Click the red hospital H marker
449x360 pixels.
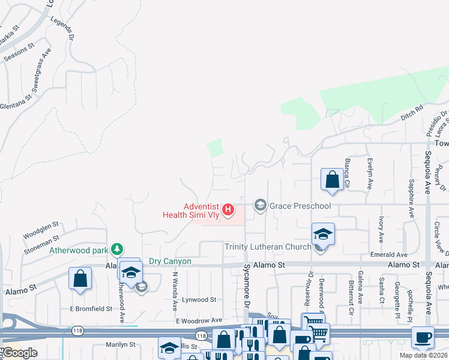pos(228,209)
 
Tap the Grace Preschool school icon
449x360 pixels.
pos(260,206)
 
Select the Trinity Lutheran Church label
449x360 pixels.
pos(268,247)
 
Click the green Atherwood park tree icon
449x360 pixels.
pos(118,249)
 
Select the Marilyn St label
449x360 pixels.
pos(121,345)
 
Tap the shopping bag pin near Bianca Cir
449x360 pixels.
pos(332,179)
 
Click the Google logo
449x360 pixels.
pos(20,352)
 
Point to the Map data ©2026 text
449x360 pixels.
pos(423,355)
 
